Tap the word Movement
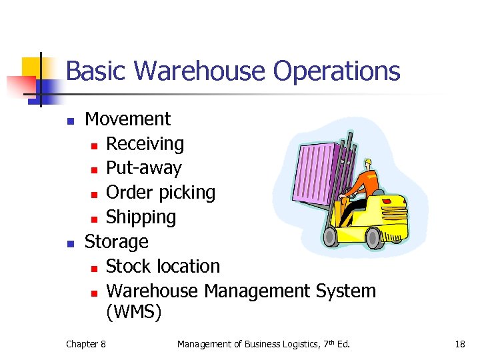pyautogui.click(x=128, y=119)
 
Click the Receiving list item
pyautogui.click(x=145, y=144)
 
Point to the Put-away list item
pyautogui.click(x=144, y=168)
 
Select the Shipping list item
pyautogui.click(x=141, y=217)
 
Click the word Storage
pyautogui.click(x=117, y=241)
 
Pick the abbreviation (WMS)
pyautogui.click(x=133, y=312)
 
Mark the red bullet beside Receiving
pyautogui.click(x=95, y=145)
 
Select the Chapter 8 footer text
pyautogui.click(x=85, y=344)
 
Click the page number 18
pyautogui.click(x=459, y=344)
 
